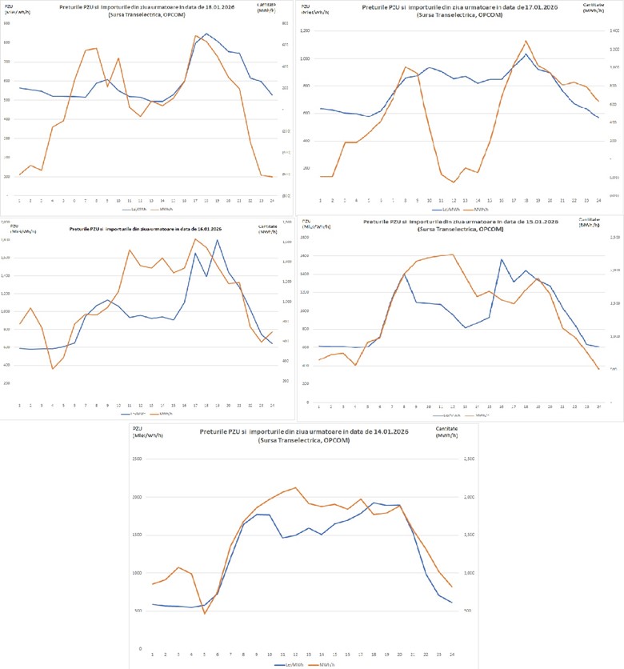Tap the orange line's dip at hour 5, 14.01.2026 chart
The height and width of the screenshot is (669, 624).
[x=204, y=614]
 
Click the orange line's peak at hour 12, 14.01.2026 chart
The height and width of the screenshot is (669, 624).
[x=296, y=487]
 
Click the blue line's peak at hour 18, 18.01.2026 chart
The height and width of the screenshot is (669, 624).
[x=206, y=34]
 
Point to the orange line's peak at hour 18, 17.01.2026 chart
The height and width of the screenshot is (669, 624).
[x=526, y=41]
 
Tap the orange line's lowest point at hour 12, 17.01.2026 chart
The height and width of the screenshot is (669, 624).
[x=454, y=182]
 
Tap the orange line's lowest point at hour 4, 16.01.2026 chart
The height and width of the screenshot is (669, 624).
[x=53, y=368]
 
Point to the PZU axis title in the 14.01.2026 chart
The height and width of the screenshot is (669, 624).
[x=138, y=431]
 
